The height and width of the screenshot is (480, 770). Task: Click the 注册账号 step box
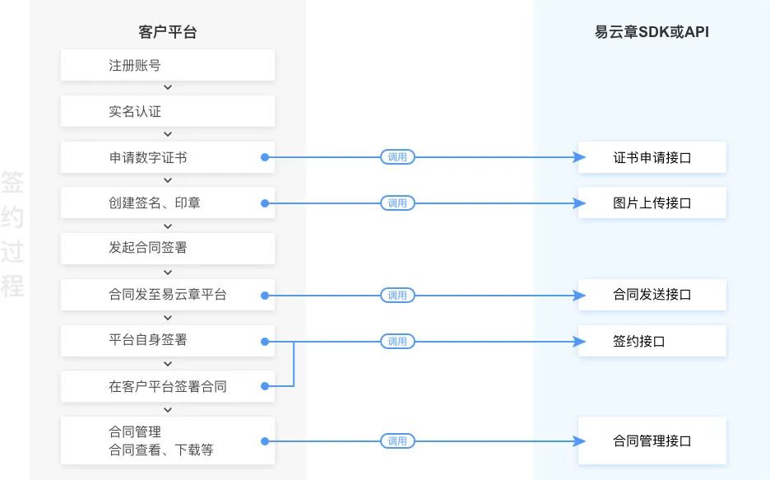click(168, 65)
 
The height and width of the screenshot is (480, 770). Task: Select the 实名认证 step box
click(168, 111)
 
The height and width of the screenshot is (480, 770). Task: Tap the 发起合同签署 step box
click(168, 248)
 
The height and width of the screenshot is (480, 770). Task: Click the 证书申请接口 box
click(652, 157)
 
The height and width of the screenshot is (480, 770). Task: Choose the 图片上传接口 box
click(652, 203)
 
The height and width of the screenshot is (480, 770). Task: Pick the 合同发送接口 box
click(652, 295)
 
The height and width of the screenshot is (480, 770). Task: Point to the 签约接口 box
click(652, 341)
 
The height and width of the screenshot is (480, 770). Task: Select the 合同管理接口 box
click(652, 440)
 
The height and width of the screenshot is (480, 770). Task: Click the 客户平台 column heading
click(168, 32)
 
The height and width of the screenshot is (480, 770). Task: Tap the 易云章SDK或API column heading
click(652, 32)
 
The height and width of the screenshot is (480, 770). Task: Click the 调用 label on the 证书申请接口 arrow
click(397, 157)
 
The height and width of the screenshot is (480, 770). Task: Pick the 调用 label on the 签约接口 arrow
click(397, 342)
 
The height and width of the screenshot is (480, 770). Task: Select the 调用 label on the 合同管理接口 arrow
click(397, 441)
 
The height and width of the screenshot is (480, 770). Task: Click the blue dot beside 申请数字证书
click(265, 157)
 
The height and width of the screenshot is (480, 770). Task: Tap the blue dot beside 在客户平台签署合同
click(265, 386)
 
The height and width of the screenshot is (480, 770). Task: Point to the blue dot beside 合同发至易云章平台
click(265, 296)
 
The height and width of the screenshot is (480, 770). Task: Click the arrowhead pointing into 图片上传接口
click(579, 203)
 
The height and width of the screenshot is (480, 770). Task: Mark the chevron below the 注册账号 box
click(168, 87)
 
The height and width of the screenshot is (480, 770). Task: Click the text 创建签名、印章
click(154, 203)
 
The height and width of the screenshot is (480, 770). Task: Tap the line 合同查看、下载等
click(161, 450)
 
